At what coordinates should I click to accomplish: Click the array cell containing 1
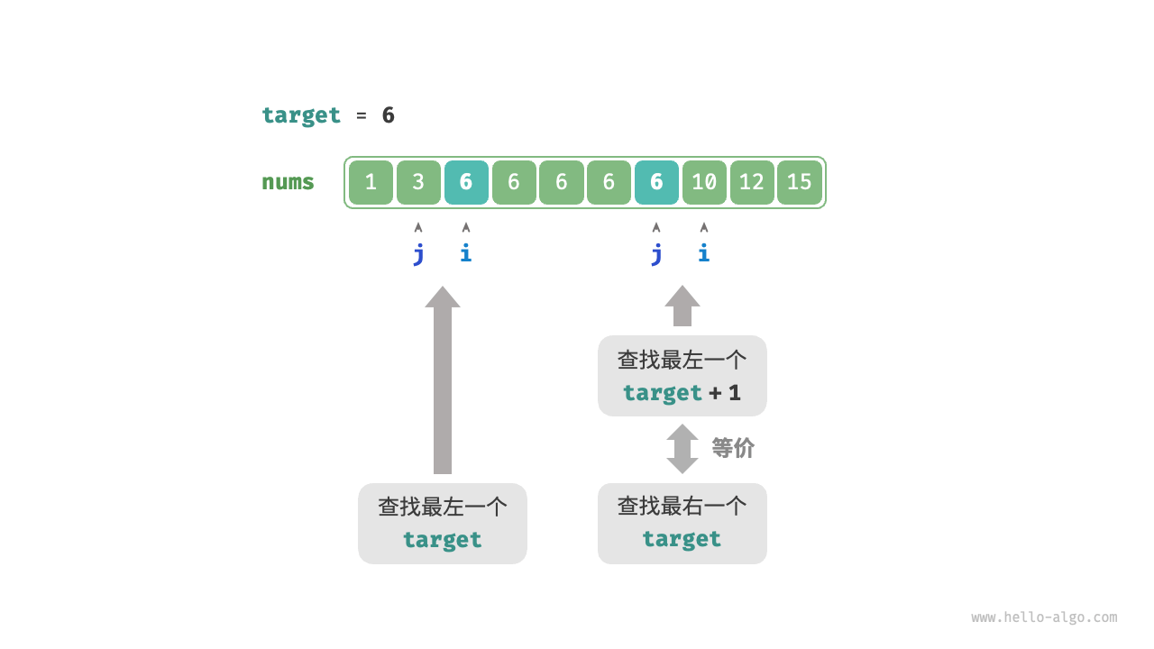point(371,182)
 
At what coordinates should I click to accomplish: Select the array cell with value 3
point(418,182)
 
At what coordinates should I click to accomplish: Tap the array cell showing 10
point(704,182)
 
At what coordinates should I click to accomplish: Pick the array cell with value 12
point(752,182)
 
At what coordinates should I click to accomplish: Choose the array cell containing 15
point(800,182)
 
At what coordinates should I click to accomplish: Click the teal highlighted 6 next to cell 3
point(466,182)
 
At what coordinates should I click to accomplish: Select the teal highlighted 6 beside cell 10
point(656,182)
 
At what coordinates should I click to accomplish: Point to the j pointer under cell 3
point(418,253)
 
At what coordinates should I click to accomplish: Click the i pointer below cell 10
point(704,253)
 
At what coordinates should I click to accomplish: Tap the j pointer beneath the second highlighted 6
point(656,253)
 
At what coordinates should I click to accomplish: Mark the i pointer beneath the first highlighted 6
point(466,253)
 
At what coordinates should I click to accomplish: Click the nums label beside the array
point(288,182)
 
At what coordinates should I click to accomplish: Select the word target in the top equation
point(301,115)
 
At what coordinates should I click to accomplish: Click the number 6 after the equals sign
point(388,115)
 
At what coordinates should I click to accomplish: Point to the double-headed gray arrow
point(682,449)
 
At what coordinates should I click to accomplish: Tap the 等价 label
point(733,448)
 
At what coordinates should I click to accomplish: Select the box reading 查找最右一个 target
point(682,524)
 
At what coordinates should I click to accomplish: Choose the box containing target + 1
point(682,376)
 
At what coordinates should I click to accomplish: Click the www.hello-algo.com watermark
point(1044,617)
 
